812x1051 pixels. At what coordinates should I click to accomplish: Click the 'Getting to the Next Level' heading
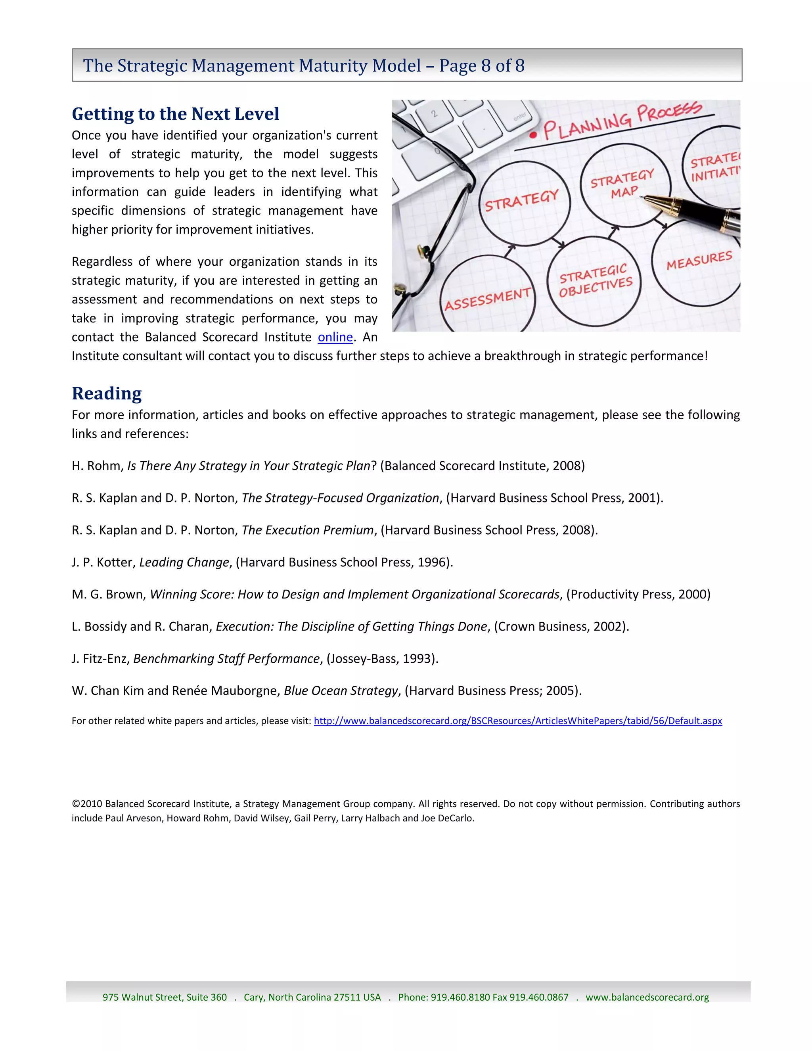175,114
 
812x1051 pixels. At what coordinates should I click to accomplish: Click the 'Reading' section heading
107,393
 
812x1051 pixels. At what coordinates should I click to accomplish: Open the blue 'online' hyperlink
335,337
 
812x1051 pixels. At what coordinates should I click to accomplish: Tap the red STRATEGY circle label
521,201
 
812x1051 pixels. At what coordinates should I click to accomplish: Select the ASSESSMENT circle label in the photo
487,299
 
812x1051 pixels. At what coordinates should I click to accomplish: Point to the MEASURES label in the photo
699,260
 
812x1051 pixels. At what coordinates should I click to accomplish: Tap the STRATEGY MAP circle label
623,184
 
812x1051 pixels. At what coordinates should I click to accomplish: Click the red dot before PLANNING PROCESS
532,135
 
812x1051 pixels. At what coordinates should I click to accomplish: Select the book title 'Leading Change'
184,562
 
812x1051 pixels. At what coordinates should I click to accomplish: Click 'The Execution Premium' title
307,530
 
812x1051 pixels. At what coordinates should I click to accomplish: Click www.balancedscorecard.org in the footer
647,997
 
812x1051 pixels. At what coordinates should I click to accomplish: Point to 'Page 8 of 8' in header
481,65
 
